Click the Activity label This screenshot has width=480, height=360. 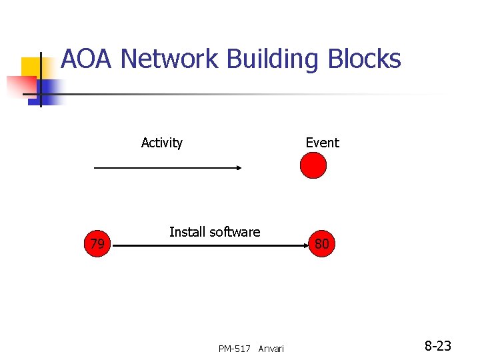click(x=162, y=143)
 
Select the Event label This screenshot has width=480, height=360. click(x=322, y=143)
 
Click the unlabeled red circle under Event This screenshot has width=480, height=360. click(x=313, y=166)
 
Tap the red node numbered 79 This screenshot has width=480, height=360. click(x=97, y=245)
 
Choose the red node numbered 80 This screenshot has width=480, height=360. click(x=321, y=245)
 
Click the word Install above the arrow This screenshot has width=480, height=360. click(x=188, y=232)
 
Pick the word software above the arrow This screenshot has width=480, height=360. click(x=234, y=232)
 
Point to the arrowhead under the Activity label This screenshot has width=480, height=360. click(x=238, y=168)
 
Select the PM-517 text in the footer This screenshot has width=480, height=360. click(x=234, y=349)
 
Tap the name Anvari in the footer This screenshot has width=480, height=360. click(x=271, y=349)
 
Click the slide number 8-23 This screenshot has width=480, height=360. click(x=438, y=346)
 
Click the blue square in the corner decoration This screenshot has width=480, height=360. click(x=51, y=89)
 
